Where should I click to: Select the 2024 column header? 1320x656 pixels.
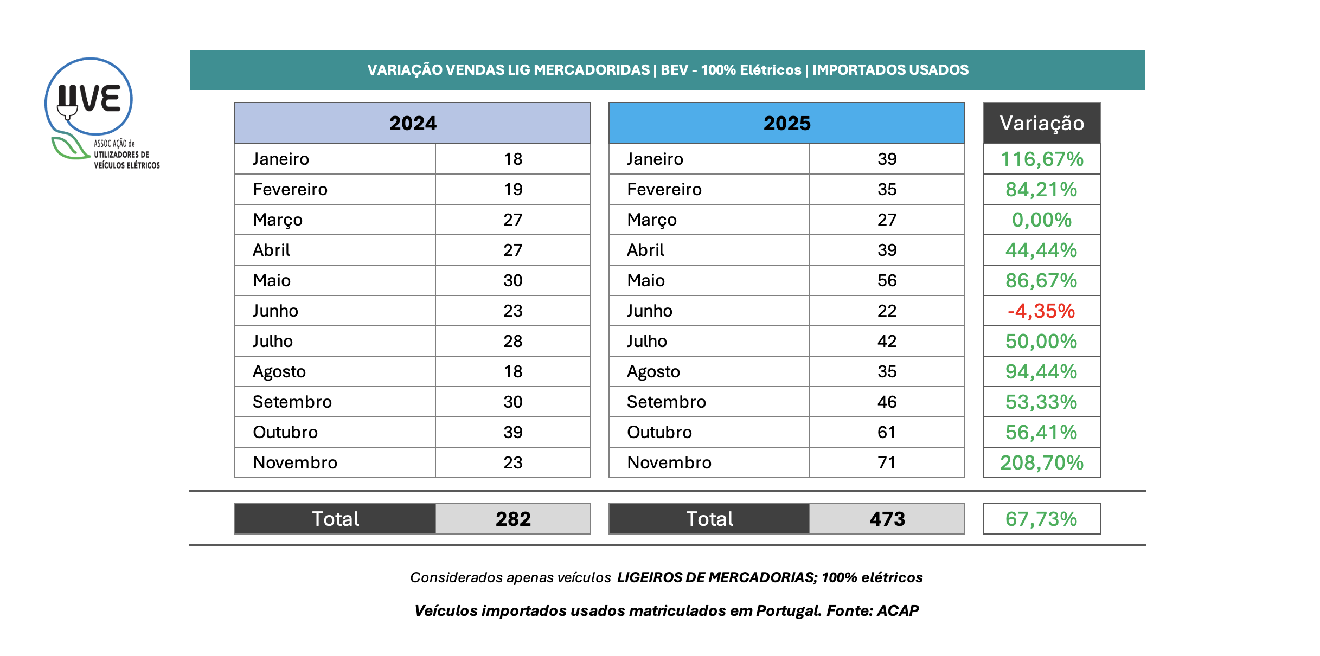pos(413,124)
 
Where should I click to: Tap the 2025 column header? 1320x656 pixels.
pos(787,124)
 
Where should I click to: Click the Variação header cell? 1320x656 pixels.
pos(1042,124)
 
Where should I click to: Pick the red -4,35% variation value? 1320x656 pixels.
pos(1041,311)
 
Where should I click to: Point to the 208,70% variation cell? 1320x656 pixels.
pos(1042,463)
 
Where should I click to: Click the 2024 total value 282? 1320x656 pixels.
pos(513,519)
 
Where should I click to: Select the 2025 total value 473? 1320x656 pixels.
pos(887,519)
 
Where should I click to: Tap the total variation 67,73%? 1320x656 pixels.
pos(1041,519)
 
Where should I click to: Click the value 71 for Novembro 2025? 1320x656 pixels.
pos(887,463)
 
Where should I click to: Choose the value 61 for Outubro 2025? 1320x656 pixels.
pos(887,433)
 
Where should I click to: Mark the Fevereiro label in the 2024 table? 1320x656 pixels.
pos(290,190)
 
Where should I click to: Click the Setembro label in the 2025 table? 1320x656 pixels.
pos(667,402)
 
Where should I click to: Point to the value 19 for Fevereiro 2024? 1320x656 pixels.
pos(513,190)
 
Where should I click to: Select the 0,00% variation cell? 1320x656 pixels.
pos(1042,220)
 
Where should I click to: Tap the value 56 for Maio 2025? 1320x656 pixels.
pos(887,281)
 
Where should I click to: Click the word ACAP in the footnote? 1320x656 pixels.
pos(898,611)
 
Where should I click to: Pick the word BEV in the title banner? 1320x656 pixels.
pos(675,70)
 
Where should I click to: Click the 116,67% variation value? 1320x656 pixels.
pos(1042,159)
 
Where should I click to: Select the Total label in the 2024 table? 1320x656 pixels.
pos(335,519)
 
